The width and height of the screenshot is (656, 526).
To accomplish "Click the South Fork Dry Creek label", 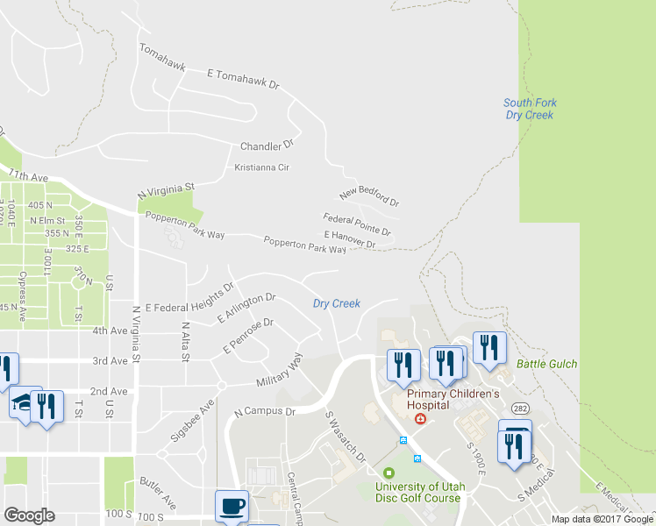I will (x=531, y=109).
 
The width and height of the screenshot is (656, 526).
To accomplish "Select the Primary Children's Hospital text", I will (x=453, y=400).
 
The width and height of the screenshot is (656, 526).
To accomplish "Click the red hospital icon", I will (x=421, y=419).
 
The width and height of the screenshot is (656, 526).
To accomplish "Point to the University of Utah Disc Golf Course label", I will (x=418, y=493).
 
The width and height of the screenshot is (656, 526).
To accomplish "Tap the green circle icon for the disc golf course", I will (x=389, y=473).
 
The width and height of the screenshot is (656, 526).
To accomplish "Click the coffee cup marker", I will (x=232, y=506).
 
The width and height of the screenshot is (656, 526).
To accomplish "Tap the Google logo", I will (x=29, y=515).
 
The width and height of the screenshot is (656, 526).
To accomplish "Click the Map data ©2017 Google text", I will (x=602, y=519).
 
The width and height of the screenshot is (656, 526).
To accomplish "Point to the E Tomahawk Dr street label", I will (x=243, y=80).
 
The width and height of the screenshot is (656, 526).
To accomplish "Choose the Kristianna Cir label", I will (x=261, y=167).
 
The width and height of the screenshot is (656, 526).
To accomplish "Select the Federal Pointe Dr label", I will (x=356, y=224).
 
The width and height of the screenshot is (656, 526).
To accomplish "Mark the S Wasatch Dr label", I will (x=345, y=437).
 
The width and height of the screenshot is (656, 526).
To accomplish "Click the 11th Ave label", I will (x=27, y=175).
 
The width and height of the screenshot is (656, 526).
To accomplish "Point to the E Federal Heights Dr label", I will (x=189, y=298).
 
